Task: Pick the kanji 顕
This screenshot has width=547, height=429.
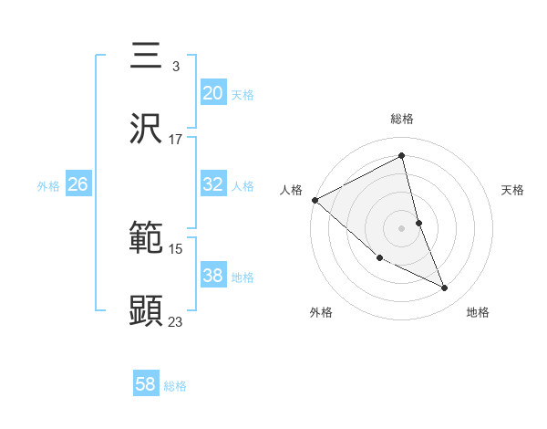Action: [146, 311]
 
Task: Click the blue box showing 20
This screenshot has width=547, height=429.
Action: [212, 93]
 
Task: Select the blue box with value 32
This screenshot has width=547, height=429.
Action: [212, 184]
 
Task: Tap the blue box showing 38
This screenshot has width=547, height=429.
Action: [212, 276]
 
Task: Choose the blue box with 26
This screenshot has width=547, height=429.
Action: [77, 184]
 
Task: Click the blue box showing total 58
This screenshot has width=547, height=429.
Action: [145, 384]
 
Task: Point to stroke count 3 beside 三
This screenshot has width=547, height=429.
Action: [175, 67]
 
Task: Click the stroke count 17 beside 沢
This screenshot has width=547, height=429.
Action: [175, 140]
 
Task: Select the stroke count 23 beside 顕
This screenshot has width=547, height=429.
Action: [175, 322]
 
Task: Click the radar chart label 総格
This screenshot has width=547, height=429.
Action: [402, 119]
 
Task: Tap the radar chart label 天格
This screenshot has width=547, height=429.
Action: [513, 190]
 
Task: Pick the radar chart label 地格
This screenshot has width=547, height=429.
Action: [478, 312]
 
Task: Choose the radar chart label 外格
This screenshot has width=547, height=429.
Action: [321, 312]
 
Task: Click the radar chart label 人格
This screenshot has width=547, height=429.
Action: [291, 190]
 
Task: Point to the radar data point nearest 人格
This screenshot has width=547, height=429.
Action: [315, 200]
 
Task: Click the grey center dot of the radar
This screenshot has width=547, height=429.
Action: [401, 227]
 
